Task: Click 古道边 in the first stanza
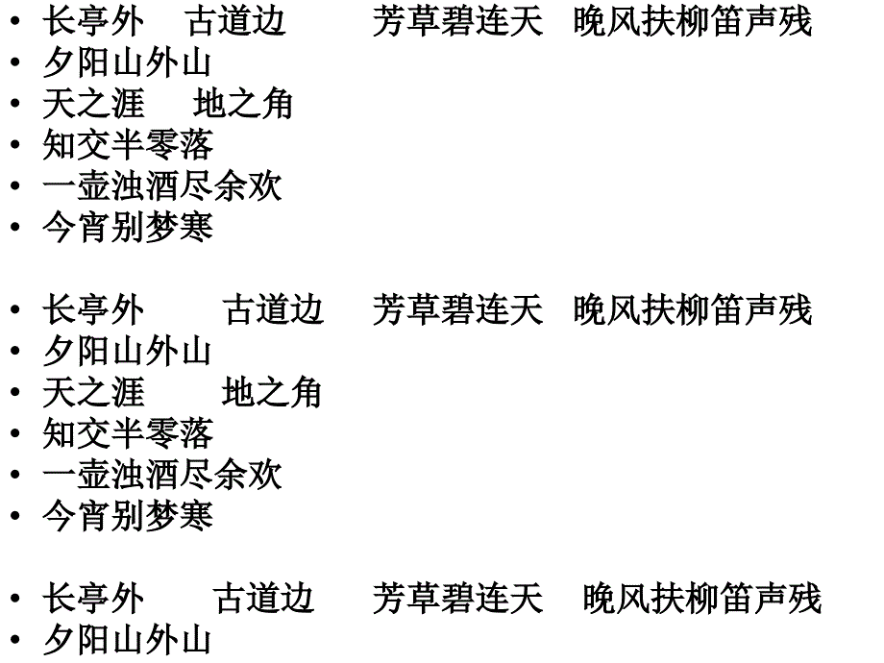point(235,21)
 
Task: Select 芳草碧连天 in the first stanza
point(457,21)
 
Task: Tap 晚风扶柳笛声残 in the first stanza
point(693,21)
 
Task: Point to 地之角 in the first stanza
point(242,104)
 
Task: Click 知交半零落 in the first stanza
point(128,145)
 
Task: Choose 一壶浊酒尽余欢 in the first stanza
point(162,186)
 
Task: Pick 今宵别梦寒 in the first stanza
point(128,227)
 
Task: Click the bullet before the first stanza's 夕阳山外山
point(15,62)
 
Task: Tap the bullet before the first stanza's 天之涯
point(15,103)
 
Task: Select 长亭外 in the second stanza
point(93,309)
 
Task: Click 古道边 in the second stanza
point(273,309)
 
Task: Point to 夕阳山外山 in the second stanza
point(127,351)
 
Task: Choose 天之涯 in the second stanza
point(93,392)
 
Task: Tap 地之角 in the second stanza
point(272,392)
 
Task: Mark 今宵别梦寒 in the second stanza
point(128,515)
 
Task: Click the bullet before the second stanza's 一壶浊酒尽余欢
point(15,474)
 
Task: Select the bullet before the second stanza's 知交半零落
point(15,433)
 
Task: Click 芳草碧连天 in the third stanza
point(457,599)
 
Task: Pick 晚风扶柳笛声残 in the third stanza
point(701,599)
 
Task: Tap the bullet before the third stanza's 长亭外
point(15,599)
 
